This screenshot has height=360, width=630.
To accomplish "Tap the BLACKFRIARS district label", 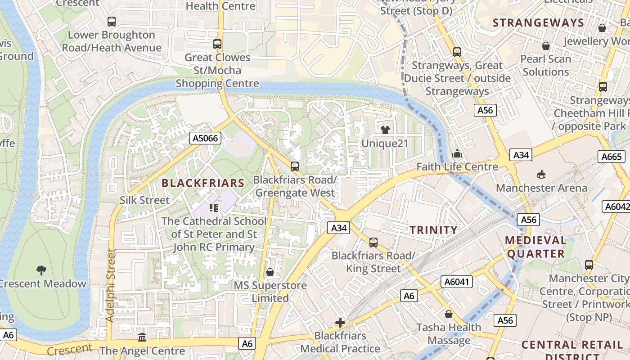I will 202,183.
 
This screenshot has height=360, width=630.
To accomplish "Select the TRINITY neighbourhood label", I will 433,230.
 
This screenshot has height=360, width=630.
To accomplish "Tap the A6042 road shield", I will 616,207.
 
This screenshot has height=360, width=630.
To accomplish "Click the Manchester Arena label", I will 541,188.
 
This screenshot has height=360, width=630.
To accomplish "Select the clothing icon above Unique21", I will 385,130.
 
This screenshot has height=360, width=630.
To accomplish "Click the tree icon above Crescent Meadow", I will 41,270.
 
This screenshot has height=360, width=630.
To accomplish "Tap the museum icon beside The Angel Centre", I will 142,337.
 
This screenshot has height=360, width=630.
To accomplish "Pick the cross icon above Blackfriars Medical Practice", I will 340,323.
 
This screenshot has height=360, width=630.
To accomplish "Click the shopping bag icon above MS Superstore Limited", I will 270,272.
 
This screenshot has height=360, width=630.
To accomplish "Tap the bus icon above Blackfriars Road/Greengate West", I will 295,166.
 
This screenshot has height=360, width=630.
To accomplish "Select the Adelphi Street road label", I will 111,285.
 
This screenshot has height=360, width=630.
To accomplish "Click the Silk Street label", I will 144,200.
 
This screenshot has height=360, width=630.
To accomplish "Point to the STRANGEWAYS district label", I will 538,23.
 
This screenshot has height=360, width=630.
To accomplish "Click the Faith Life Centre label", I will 457,167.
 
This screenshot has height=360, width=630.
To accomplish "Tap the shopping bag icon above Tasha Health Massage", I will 448,314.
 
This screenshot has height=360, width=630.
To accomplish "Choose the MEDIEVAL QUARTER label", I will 535,247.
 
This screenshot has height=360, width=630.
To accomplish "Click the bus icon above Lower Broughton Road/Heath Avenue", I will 111,21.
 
